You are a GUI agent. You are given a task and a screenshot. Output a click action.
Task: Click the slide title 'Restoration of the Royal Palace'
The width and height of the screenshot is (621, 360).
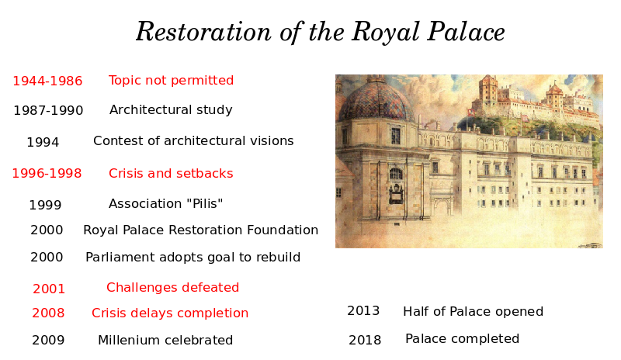click(x=320, y=32)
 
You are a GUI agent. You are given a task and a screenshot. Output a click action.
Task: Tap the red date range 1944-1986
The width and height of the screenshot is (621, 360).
click(x=47, y=81)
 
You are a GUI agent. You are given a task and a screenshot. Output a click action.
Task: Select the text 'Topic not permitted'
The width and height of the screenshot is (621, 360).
click(x=171, y=81)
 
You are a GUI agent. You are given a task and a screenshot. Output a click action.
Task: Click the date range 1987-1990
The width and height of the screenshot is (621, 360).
click(x=48, y=110)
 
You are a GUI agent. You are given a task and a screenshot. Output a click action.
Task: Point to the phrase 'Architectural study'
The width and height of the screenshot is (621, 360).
click(x=171, y=109)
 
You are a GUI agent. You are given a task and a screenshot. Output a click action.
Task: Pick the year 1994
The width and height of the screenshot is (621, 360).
click(x=43, y=142)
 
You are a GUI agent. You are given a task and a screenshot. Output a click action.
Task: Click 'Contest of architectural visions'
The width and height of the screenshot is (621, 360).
click(x=193, y=140)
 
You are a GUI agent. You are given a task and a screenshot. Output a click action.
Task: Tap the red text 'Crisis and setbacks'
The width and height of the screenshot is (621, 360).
click(x=171, y=174)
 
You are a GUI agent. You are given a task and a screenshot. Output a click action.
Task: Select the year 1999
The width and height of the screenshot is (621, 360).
click(x=45, y=205)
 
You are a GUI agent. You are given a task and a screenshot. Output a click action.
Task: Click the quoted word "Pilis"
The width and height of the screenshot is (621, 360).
click(x=204, y=203)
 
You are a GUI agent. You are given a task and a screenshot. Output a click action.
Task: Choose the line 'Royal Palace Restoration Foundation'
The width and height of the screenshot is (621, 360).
click(x=201, y=230)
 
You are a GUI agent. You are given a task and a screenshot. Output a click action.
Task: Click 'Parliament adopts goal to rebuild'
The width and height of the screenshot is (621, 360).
click(x=193, y=258)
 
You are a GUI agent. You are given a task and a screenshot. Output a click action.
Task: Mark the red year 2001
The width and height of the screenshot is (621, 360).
click(x=49, y=289)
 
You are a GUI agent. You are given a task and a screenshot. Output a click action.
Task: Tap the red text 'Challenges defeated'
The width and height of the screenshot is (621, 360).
click(x=172, y=287)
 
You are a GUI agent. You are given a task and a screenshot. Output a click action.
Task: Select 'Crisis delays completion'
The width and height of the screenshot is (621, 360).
click(x=170, y=313)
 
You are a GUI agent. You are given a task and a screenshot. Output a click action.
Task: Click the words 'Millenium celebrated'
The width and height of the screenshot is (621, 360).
click(x=165, y=340)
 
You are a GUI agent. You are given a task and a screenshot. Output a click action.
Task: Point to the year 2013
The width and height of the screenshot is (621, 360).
click(x=363, y=311)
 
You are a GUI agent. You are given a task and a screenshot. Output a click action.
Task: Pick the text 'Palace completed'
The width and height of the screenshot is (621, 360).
click(x=462, y=338)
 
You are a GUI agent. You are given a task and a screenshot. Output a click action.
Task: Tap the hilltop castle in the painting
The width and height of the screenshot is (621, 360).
click(x=535, y=99)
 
